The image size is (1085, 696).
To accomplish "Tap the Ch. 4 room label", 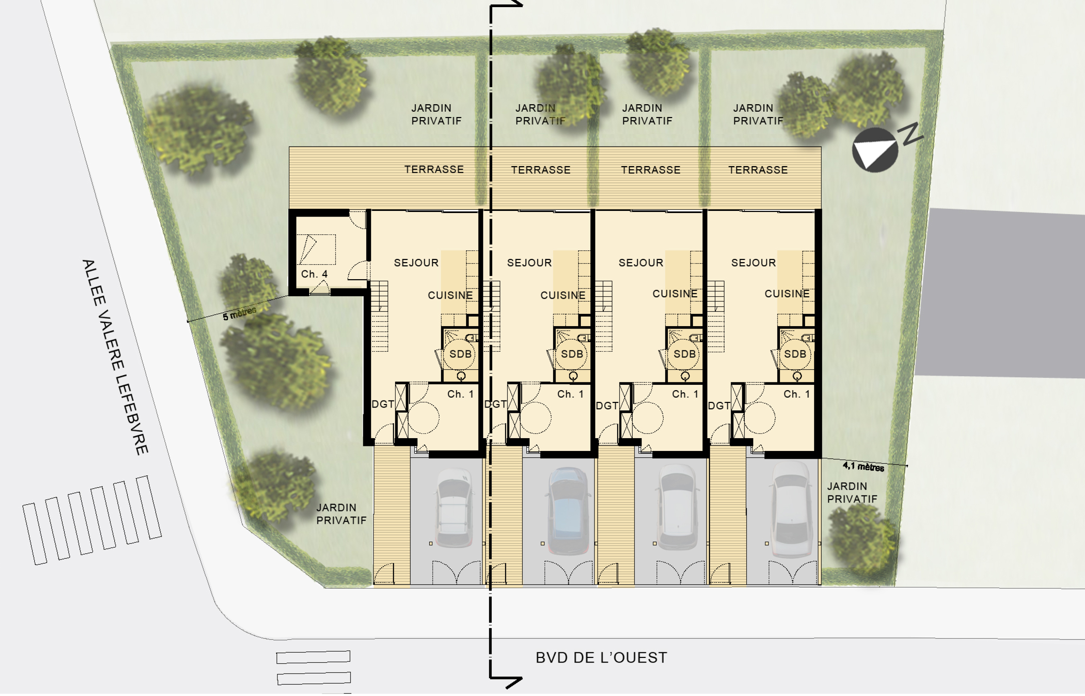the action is tap(314, 274).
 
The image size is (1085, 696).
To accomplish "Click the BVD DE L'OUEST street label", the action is tap(601, 658).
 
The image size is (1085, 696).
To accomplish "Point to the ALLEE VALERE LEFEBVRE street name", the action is tap(115, 357).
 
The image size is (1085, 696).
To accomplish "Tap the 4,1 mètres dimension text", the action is tap(863, 466).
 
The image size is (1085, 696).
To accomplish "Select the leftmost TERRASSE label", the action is tap(434, 170).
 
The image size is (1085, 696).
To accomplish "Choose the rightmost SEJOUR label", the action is tap(754, 262).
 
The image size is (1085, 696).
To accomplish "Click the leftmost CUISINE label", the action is tap(450, 295).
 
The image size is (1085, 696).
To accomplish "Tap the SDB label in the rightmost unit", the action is tap(795, 354).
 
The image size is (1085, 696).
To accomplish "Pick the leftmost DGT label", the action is tap(383, 404).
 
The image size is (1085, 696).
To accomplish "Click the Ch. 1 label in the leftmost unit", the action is tap(460, 394).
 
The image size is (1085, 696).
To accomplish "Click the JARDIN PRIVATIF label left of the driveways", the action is tap(341, 514).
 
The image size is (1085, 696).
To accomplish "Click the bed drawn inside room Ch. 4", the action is tap(316, 249).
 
